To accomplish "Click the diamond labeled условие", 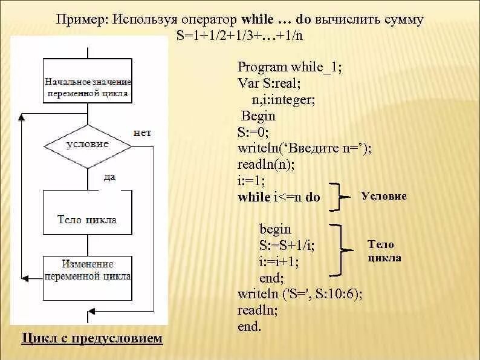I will point(88,145).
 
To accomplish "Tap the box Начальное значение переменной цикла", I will point(88,87).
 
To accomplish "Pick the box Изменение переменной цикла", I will point(88,270).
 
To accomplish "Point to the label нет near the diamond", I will point(142,133).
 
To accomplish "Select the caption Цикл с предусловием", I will point(92,338).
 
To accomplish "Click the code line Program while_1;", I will point(290,67).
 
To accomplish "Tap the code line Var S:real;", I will point(269,83).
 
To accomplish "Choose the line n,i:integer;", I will point(284,99).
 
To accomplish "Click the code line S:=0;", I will point(253,132).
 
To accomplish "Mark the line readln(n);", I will point(266,165).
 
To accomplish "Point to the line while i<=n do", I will point(279,197).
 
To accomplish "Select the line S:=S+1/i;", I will point(287,246).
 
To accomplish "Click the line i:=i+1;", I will point(279,262).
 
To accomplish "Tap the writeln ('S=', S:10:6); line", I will point(300,295).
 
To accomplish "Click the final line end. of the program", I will point(249,327).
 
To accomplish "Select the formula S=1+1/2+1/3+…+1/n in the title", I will point(240,34).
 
